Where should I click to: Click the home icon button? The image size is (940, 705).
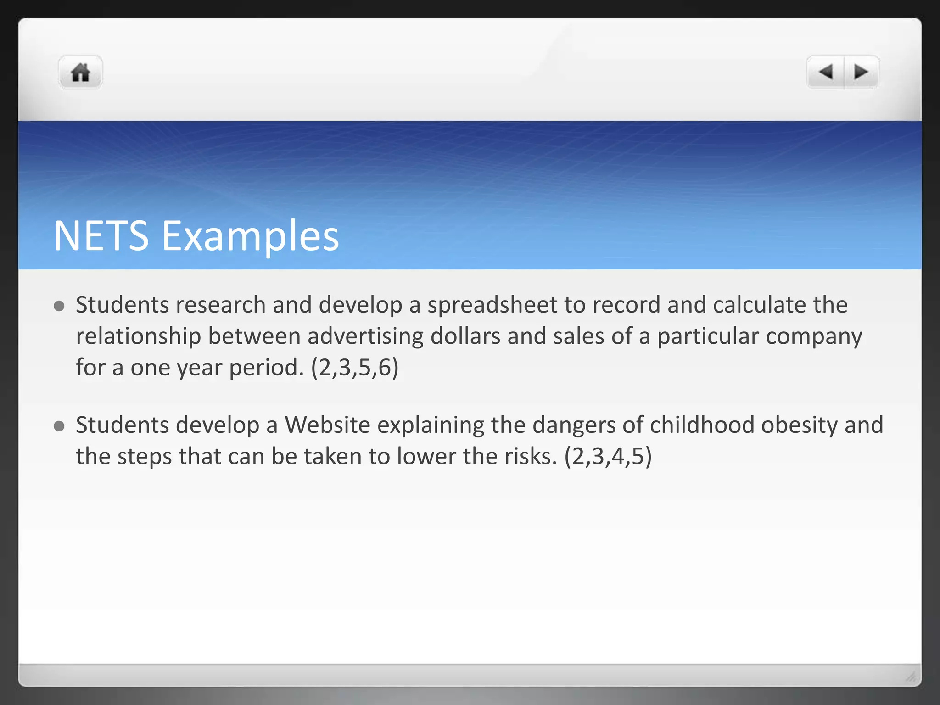pos(80,73)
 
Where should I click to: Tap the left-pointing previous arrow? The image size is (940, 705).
pos(826,72)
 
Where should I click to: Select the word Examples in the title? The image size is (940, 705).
pos(250,237)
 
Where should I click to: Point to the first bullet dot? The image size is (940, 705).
pos(59,306)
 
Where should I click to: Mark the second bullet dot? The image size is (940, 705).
pos(59,426)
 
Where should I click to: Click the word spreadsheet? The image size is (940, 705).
pos(492,305)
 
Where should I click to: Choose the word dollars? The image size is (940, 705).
pos(465,336)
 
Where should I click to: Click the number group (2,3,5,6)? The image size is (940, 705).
pos(355,368)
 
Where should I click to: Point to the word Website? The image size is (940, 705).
pos(327,425)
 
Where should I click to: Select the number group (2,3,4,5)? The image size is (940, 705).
pos(608,457)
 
